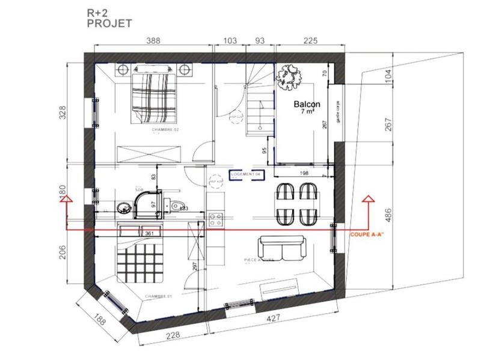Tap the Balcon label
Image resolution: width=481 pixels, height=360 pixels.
307,104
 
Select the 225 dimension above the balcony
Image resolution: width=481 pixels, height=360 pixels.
308,41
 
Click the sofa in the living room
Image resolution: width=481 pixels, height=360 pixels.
282,246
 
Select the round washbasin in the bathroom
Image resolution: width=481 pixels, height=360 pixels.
125,207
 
